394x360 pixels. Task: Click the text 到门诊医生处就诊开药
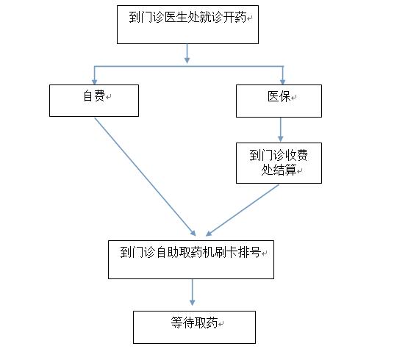[187, 18]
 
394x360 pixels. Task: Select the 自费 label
[94, 96]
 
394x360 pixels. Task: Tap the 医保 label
[279, 96]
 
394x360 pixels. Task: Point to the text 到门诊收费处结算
[279, 162]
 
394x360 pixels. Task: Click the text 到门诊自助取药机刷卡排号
[190, 252]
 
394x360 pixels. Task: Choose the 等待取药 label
[194, 323]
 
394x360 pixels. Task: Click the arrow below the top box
[187, 54]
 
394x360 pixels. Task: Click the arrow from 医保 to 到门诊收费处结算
[281, 129]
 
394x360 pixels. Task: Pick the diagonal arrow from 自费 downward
[146, 177]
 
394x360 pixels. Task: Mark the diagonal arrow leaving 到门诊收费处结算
[243, 211]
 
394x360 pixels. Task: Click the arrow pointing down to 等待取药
[193, 292]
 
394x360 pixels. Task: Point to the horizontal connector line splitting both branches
[189, 67]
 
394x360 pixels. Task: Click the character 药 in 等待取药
[212, 323]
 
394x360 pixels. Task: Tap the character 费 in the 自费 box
[100, 96]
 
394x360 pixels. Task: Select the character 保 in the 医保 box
[284, 96]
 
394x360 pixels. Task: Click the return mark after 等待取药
[221, 324]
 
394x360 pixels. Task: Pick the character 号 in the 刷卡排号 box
[255, 252]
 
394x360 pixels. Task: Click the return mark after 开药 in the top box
[249, 18]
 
